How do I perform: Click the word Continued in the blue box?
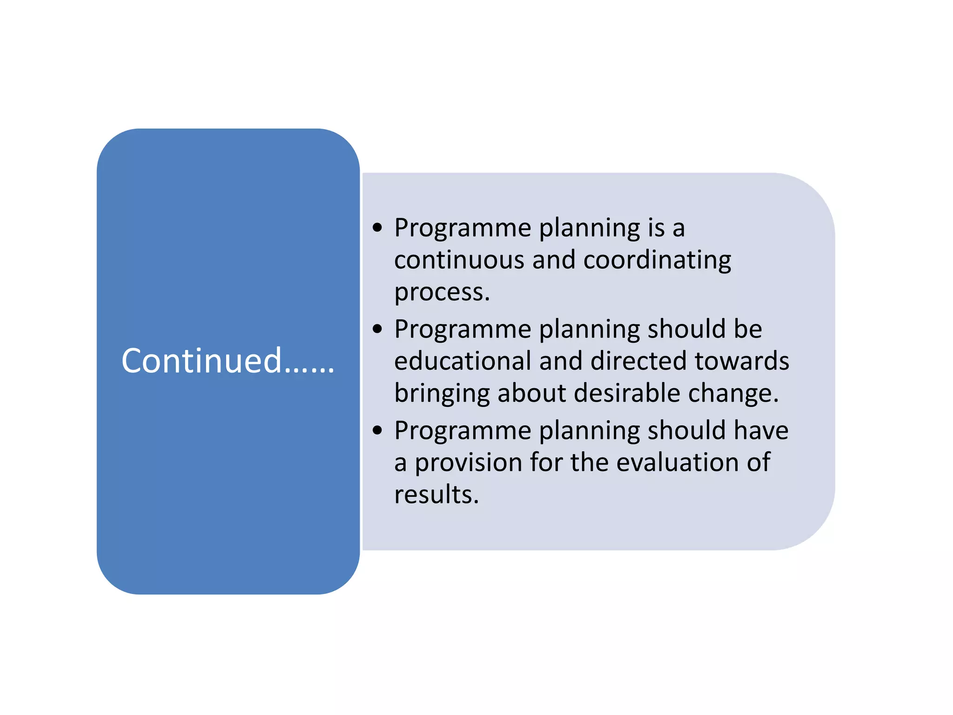(x=201, y=361)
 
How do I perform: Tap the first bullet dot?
(x=377, y=228)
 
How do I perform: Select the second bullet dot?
(x=377, y=329)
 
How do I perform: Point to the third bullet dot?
(x=377, y=430)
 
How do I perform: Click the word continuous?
(x=459, y=260)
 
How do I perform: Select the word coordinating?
(x=657, y=261)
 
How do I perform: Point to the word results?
(x=436, y=494)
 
